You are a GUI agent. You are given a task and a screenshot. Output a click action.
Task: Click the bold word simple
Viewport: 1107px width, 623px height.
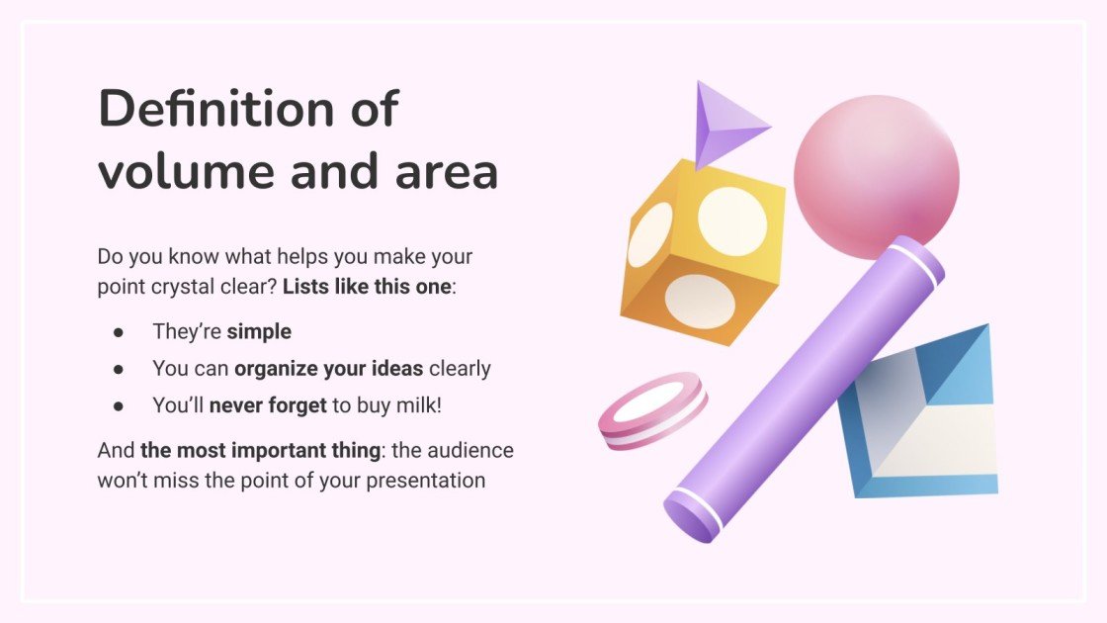coord(259,331)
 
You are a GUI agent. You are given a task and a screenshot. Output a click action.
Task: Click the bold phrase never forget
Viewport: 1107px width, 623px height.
coord(268,404)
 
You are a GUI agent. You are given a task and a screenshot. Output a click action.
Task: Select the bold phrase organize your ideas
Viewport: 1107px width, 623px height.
coord(328,368)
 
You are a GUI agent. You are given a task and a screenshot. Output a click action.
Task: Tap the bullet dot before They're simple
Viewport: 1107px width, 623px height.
coord(119,332)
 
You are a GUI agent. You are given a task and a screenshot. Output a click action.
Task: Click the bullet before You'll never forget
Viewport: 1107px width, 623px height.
coord(119,405)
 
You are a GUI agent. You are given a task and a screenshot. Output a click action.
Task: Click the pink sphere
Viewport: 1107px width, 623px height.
coord(876,183)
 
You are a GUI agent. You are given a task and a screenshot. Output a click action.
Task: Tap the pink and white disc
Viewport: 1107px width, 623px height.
coord(652,410)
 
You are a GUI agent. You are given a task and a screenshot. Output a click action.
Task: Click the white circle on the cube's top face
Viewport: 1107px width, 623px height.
coord(732,221)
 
